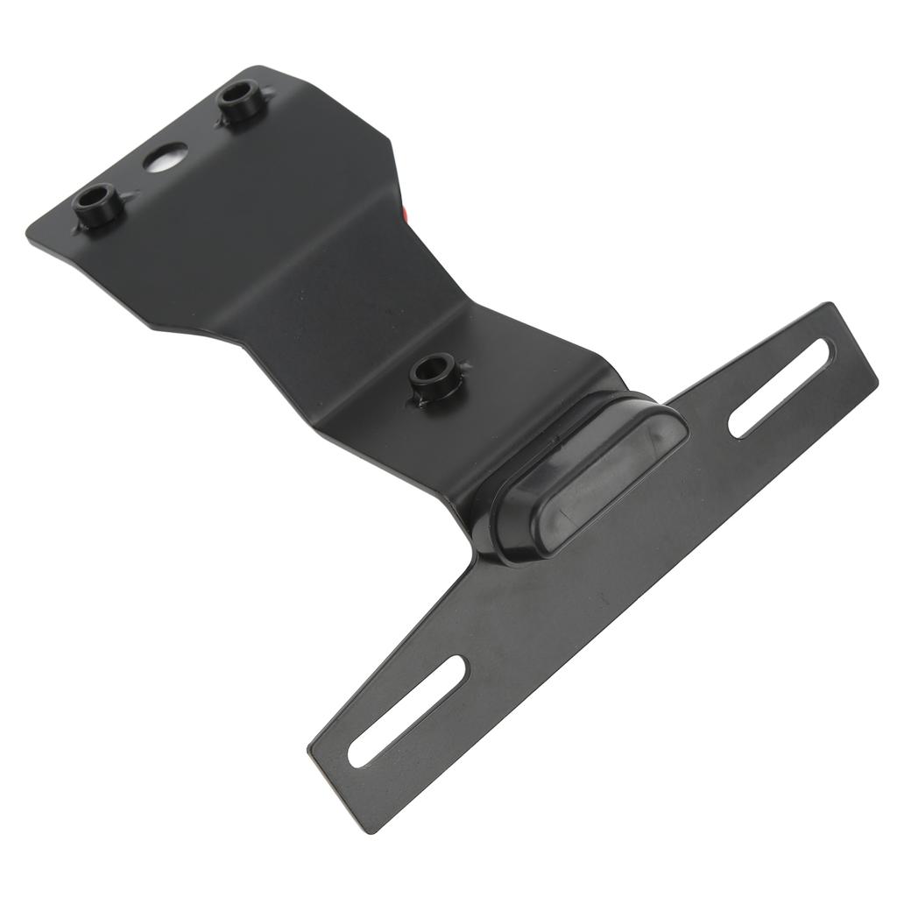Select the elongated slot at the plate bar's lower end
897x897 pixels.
[x=407, y=711]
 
